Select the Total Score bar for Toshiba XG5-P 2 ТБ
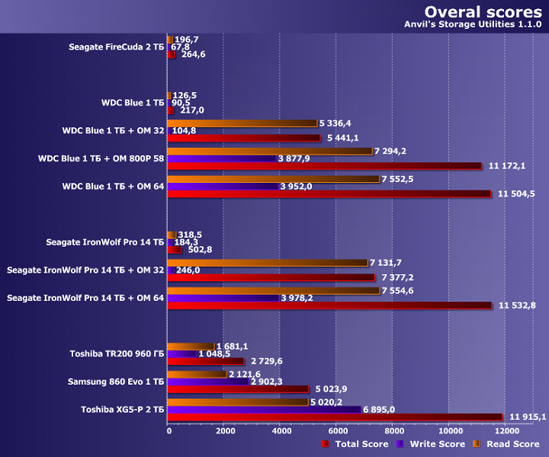(x=335, y=417)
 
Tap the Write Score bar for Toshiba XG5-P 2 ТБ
(x=264, y=409)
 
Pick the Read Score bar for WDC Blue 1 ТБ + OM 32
(x=242, y=123)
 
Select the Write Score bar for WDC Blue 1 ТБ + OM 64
(x=223, y=186)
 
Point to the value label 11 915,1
(x=527, y=417)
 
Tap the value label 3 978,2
(x=303, y=298)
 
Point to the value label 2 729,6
(x=267, y=361)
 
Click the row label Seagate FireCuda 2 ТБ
(x=116, y=47)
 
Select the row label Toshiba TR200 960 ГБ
(x=117, y=353)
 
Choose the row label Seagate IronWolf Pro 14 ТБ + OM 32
(x=85, y=270)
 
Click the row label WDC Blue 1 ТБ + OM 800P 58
(x=101, y=158)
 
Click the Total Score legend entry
(x=357, y=444)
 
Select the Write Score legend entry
(x=431, y=444)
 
